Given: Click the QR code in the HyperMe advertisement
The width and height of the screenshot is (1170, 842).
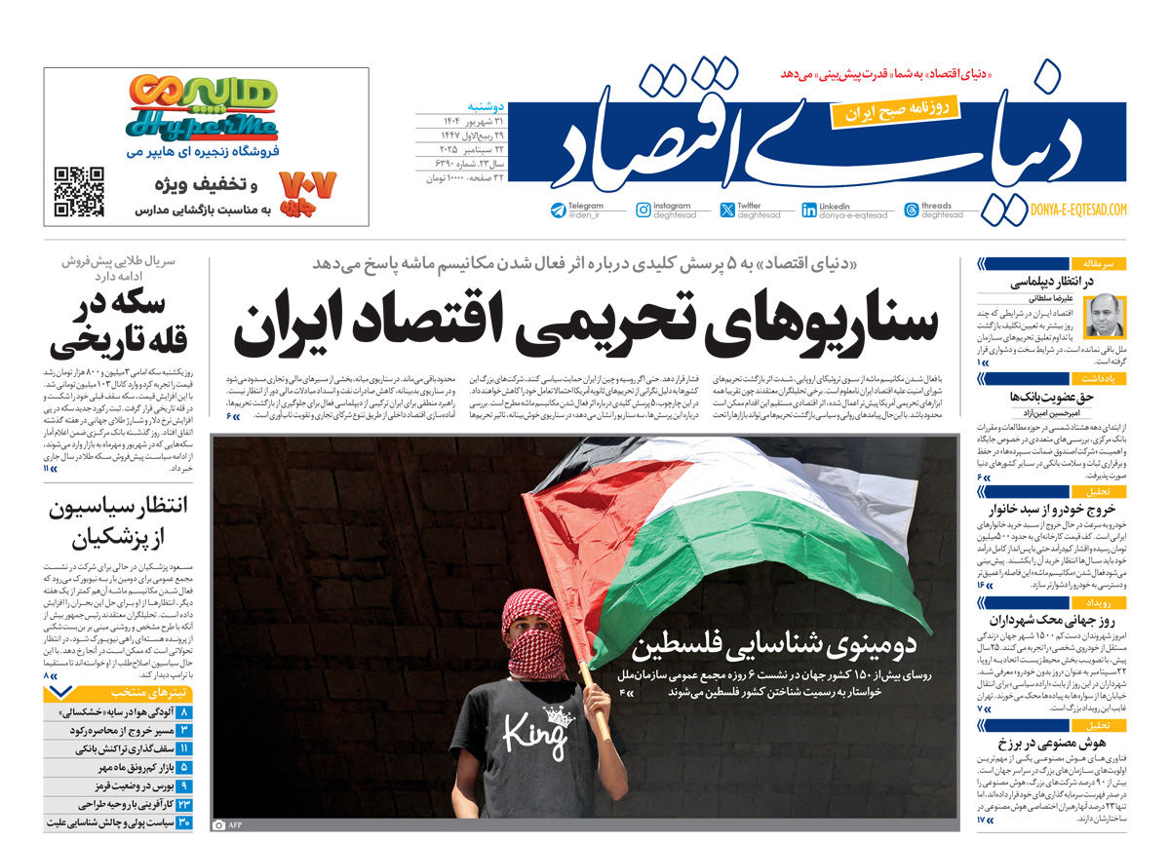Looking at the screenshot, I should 79,192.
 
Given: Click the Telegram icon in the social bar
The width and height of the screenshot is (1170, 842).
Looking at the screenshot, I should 558,210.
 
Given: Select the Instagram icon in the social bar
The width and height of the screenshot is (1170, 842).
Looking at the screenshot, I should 643,210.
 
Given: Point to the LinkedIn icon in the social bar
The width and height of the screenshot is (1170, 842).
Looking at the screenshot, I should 809,210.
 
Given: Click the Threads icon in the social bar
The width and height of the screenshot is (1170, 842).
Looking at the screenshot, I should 911,210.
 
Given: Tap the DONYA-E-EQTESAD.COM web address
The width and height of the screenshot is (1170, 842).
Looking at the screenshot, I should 1078,210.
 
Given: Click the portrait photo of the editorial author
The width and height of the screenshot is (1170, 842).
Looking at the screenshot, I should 1104,315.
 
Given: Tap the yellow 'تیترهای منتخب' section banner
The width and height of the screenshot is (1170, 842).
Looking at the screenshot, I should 122,692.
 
